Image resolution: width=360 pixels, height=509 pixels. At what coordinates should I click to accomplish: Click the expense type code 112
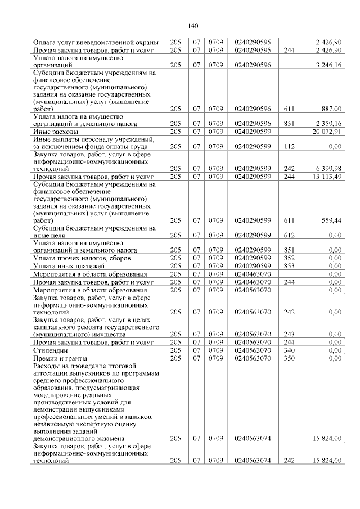point(290,146)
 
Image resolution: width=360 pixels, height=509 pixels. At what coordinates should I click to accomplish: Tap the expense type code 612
point(290,235)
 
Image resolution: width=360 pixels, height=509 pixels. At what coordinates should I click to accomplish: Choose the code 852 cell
point(290,258)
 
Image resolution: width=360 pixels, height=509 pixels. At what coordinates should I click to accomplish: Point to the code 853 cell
point(290,265)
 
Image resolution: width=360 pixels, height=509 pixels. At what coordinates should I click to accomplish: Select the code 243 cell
point(290,334)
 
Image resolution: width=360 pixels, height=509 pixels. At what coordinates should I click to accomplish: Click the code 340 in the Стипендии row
point(290,349)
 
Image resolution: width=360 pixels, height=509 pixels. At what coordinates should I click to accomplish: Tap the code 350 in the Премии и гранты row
point(290,357)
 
